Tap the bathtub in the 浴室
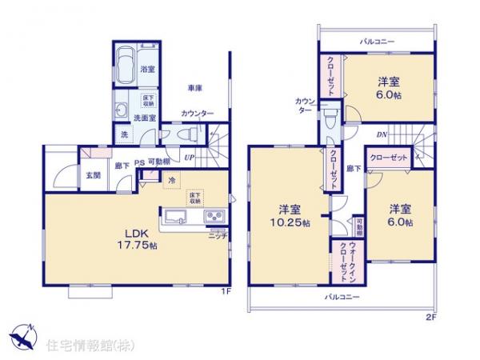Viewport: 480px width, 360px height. coord(126,66)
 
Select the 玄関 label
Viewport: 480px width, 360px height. coord(93,174)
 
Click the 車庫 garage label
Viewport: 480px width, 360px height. coord(195,86)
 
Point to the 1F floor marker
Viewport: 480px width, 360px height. coord(226,290)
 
